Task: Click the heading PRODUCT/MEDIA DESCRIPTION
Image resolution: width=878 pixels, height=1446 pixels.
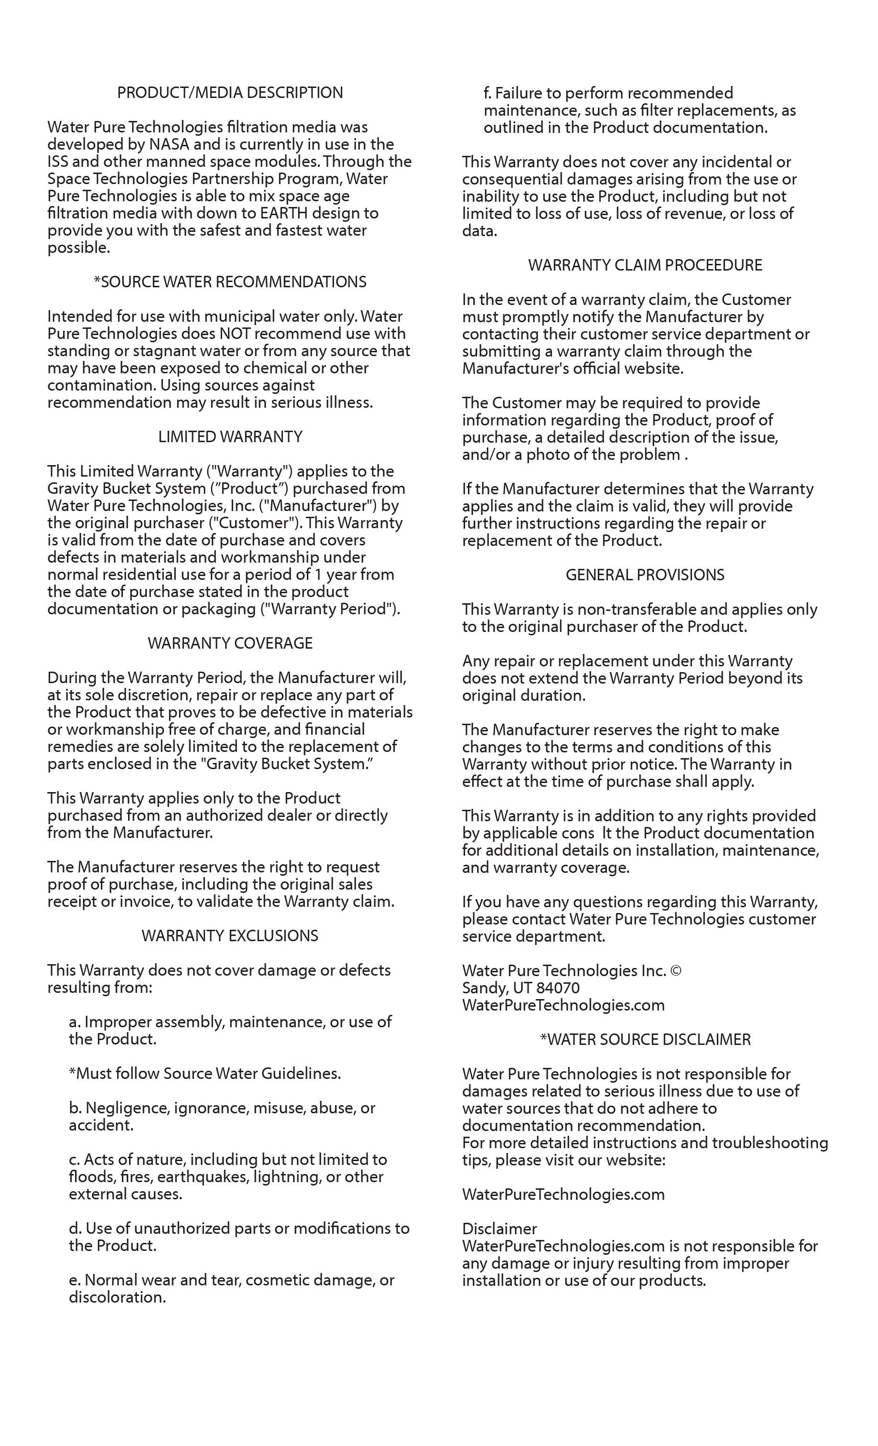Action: point(230,93)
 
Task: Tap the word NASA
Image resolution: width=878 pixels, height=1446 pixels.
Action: point(169,144)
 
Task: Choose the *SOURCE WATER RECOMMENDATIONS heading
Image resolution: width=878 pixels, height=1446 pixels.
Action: point(230,283)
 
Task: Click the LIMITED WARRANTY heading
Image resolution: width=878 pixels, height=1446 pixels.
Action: point(230,436)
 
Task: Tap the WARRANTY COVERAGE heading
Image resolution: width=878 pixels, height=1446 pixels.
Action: point(230,643)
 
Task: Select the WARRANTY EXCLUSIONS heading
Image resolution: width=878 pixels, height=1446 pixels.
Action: point(230,935)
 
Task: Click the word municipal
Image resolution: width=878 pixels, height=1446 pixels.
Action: point(228,316)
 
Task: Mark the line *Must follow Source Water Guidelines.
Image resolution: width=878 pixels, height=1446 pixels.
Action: point(205,1073)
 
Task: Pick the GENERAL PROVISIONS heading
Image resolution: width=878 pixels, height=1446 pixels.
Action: point(645,575)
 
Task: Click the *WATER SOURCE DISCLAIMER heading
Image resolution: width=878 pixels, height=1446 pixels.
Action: point(645,1039)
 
